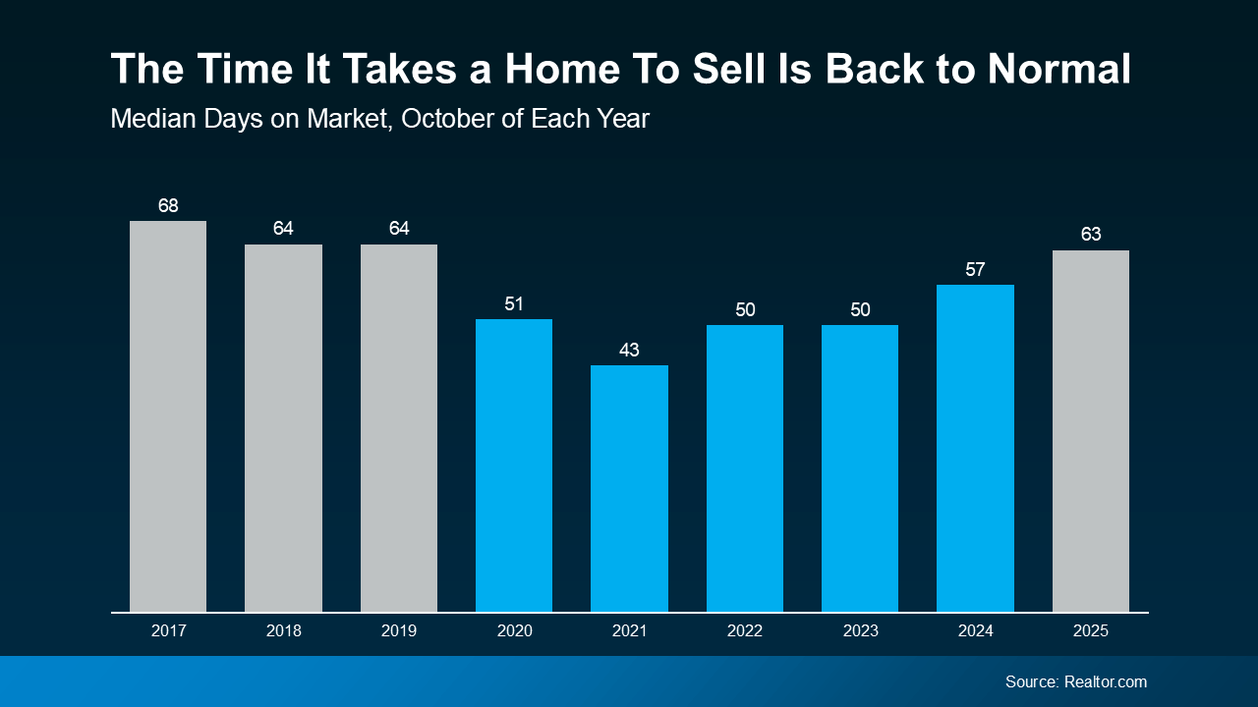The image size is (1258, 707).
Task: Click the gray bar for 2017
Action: [x=168, y=416]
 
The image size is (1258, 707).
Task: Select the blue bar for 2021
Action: [x=629, y=488]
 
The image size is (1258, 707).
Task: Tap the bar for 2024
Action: [x=975, y=448]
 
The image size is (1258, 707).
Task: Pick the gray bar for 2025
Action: [x=1090, y=430]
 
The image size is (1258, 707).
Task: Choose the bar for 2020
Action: [x=514, y=465]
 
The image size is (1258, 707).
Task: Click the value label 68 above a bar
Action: [x=168, y=206]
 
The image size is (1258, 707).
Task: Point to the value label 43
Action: [x=629, y=351]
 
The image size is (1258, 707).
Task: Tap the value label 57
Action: [x=975, y=270]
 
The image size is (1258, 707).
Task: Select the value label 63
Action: [x=1090, y=236]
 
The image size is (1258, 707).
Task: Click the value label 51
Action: [x=514, y=304]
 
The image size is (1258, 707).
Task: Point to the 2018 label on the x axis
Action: [x=283, y=631]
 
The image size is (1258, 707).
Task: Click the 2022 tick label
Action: [x=744, y=631]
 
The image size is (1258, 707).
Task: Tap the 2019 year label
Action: [x=398, y=631]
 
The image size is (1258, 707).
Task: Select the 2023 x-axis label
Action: [x=860, y=631]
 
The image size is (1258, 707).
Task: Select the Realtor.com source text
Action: [x=1105, y=681]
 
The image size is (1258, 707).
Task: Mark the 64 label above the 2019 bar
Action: [x=398, y=229]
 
